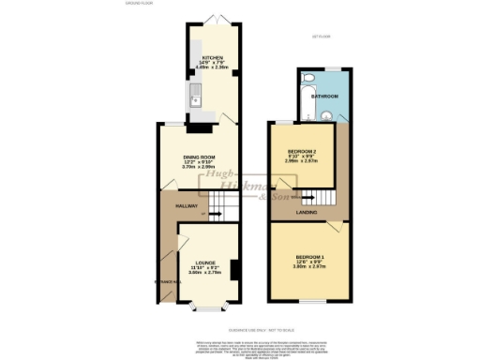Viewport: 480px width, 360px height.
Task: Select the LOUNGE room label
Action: (205, 262)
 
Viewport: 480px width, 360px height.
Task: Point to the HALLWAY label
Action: (171, 206)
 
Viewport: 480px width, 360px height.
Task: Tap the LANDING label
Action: (307, 213)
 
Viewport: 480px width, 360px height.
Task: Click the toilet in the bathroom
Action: (324, 117)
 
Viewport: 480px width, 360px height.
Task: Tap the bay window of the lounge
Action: (204, 306)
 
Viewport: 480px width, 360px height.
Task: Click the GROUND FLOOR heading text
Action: (139, 4)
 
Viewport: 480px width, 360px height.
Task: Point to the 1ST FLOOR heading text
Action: (321, 37)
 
